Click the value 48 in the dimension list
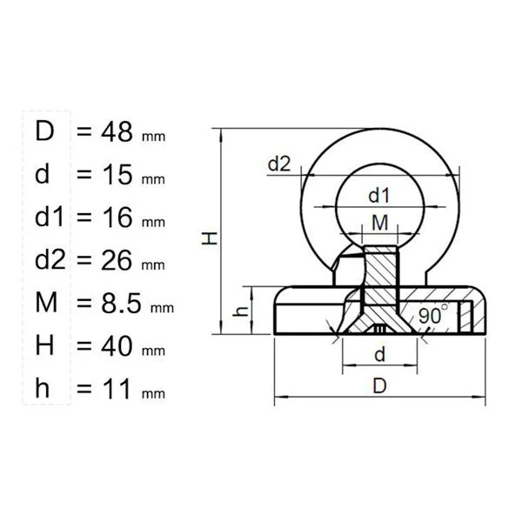click(117, 131)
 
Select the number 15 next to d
click(117, 175)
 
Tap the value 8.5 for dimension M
click(121, 303)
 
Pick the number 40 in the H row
click(117, 346)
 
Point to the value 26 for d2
click(117, 260)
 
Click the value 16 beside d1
click(117, 217)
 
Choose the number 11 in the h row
click(117, 389)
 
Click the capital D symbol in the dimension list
click(44, 131)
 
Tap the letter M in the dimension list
click(46, 302)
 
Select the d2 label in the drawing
click(279, 164)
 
